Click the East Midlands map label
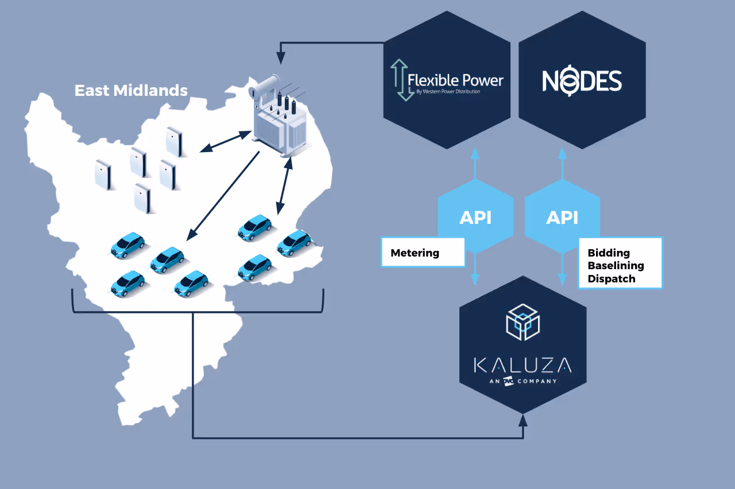pyautogui.click(x=131, y=91)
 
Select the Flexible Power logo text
pyautogui.click(x=455, y=80)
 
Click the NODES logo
pyautogui.click(x=582, y=81)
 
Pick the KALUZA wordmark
pyautogui.click(x=523, y=364)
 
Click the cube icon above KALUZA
pyautogui.click(x=523, y=322)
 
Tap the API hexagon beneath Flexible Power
pyautogui.click(x=475, y=217)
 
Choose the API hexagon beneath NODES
pyautogui.click(x=562, y=217)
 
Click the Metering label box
pyautogui.click(x=423, y=253)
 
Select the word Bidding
pyautogui.click(x=609, y=253)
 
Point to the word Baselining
pyautogui.click(x=616, y=266)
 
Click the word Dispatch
pyautogui.click(x=612, y=279)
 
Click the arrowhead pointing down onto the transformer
pyautogui.click(x=281, y=58)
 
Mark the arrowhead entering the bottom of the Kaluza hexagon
pyautogui.click(x=523, y=420)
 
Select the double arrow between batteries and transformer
pyautogui.click(x=226, y=142)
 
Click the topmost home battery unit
pyautogui.click(x=173, y=141)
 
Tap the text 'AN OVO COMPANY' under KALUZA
pyautogui.click(x=523, y=381)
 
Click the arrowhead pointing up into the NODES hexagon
pyautogui.click(x=562, y=153)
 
